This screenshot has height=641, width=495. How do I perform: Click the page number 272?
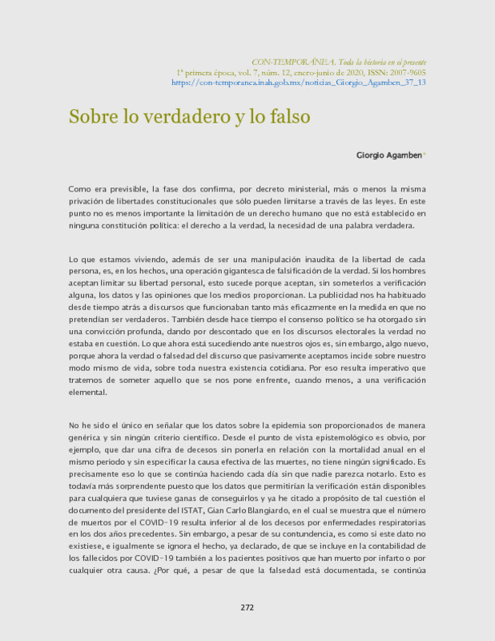247,607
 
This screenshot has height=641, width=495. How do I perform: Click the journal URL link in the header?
298,82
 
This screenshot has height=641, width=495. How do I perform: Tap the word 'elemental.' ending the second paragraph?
87,393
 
